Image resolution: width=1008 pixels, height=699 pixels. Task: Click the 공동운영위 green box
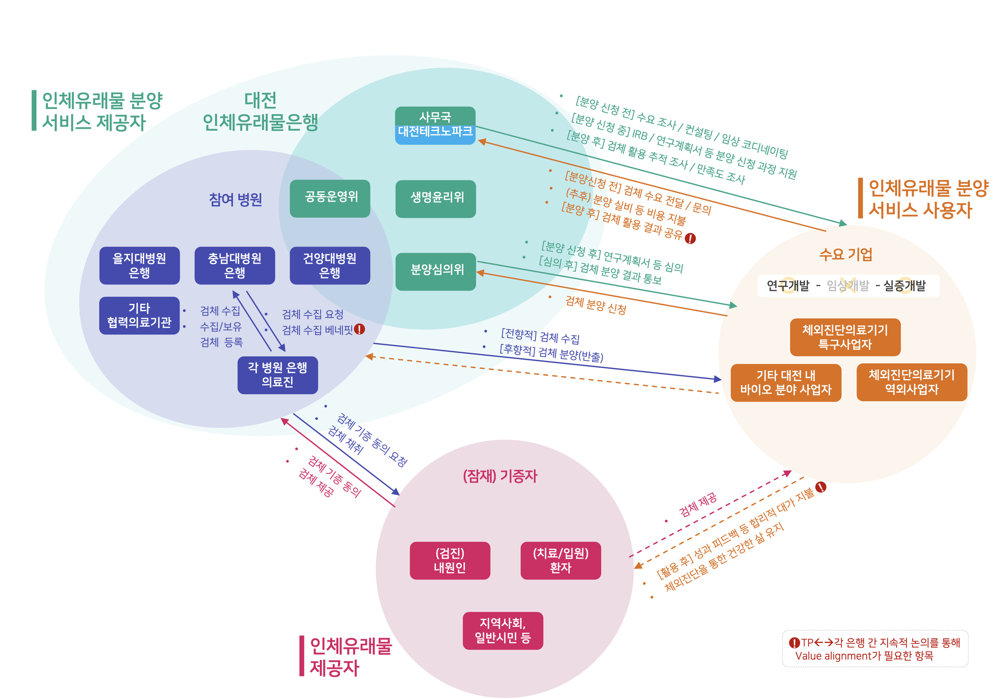coord(330,199)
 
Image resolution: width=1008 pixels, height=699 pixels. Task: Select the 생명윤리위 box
coord(435,199)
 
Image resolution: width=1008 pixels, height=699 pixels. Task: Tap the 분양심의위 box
coord(435,271)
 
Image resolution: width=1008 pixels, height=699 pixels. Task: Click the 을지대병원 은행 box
coord(140,266)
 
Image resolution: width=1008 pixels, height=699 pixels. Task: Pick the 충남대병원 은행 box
coord(235,266)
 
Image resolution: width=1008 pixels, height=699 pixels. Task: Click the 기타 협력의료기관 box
coord(139,315)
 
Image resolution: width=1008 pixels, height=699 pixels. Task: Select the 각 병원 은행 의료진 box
coord(277,375)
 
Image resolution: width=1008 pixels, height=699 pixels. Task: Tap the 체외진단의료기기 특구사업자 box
coord(845,337)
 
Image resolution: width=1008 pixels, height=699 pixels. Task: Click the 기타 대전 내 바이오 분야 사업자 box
coord(785,382)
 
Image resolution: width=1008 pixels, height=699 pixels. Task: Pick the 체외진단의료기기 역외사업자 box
coord(911,382)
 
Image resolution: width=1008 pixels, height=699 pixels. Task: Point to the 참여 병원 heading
coord(235,200)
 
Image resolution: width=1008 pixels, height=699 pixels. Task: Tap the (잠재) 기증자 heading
coord(500,476)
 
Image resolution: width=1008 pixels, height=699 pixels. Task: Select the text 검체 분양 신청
coord(596,304)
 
